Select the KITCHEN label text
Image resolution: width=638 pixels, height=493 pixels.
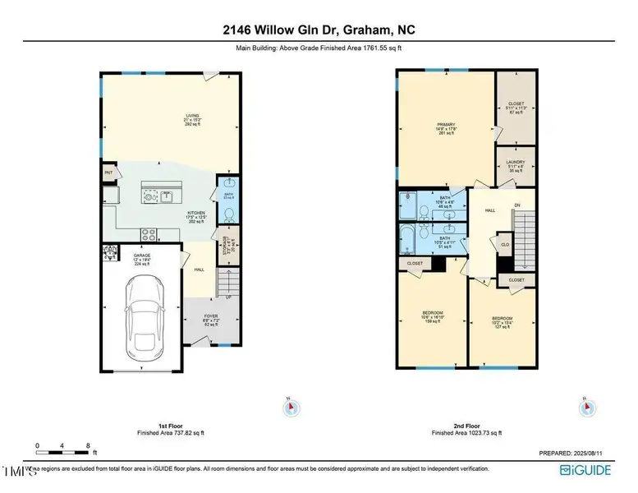(x=195, y=213)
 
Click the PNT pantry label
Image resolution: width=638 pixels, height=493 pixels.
(x=108, y=173)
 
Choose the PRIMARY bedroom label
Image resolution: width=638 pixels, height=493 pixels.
(x=446, y=125)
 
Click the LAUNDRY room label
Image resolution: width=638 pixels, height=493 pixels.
(x=516, y=163)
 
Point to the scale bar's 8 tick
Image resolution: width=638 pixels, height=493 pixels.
(x=88, y=445)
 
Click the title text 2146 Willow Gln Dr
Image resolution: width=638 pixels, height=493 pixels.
(x=319, y=30)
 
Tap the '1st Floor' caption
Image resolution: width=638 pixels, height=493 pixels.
(x=170, y=426)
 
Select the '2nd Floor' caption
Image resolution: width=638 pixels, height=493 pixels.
(x=466, y=426)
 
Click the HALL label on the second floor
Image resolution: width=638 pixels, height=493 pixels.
(x=490, y=210)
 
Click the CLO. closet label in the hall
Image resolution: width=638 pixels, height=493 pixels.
(x=505, y=244)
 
